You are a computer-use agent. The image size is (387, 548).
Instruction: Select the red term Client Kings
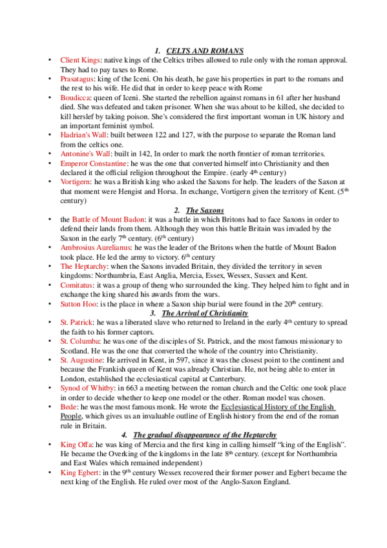pyautogui.click(x=80, y=60)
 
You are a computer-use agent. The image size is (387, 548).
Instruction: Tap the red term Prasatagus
pyautogui.click(x=79, y=78)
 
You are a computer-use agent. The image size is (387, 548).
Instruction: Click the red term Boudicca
pyautogui.click(x=76, y=97)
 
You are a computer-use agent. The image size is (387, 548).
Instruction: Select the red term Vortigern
pyautogui.click(x=77, y=184)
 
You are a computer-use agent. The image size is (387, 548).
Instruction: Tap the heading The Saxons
pyautogui.click(x=201, y=211)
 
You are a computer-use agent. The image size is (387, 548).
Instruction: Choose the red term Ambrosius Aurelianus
pyautogui.click(x=96, y=248)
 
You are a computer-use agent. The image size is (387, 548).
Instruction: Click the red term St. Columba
pyautogui.click(x=80, y=341)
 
